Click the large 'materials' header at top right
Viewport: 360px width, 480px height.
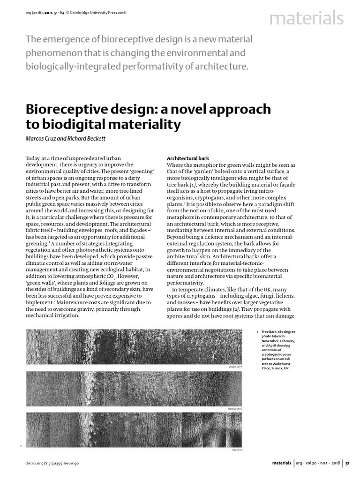[306, 19]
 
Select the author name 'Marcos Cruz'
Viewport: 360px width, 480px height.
[42, 138]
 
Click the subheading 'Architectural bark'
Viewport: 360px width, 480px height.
[187, 159]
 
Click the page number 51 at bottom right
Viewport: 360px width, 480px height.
[347, 463]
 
